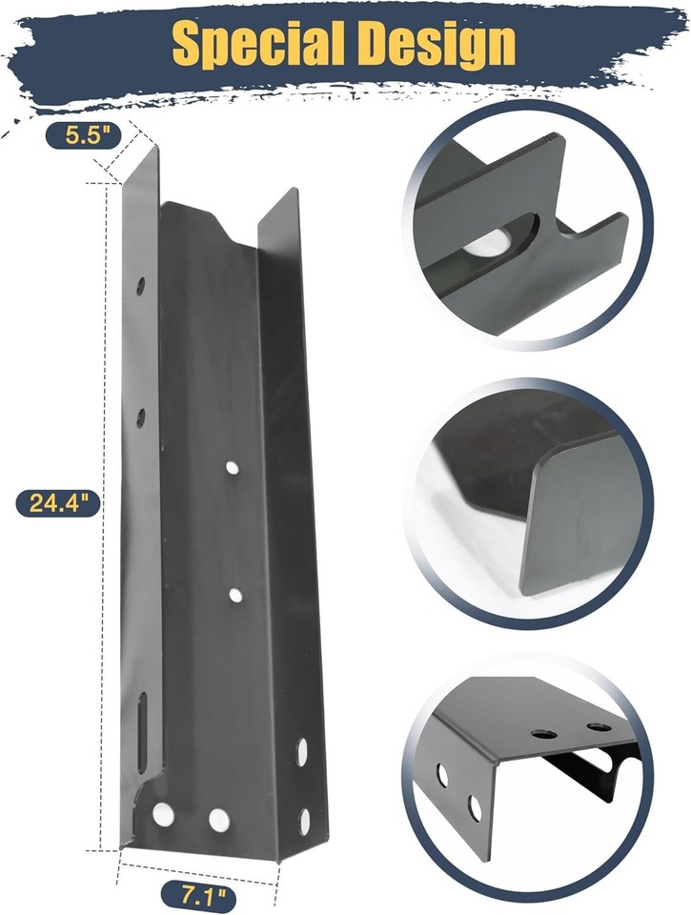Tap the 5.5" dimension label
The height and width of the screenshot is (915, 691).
tap(84, 135)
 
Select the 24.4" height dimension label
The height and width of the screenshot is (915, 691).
tap(58, 502)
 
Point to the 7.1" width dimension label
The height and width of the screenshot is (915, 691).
tap(199, 895)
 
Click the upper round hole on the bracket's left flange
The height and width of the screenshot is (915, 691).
tap(140, 286)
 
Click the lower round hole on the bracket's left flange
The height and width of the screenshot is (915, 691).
tap(140, 417)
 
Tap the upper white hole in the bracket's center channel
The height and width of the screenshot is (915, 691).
tap(233, 467)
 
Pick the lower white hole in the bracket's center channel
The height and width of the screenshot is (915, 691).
tap(235, 596)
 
